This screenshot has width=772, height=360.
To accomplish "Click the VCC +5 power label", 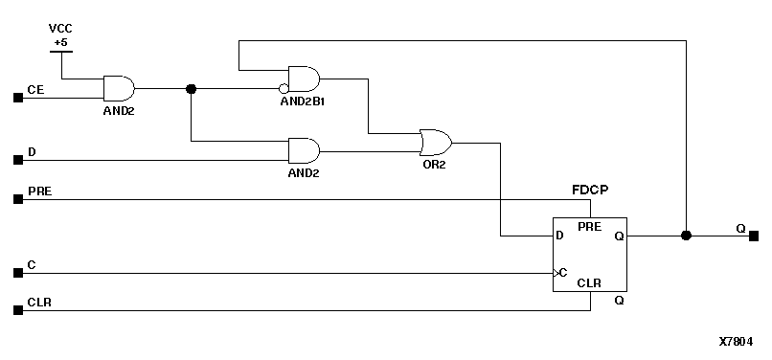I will point(60,35).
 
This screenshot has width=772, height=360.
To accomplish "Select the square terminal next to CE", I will point(16,97).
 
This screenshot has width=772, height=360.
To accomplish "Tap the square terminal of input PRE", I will point(16,199).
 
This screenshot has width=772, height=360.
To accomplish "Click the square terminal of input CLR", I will point(16,310).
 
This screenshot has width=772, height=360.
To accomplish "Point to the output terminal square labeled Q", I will point(754,236).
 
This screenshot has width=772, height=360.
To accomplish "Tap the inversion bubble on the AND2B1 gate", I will point(284,89).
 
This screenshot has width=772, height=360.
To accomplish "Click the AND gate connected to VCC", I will point(119,88).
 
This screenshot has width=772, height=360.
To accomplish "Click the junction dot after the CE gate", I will point(191,89).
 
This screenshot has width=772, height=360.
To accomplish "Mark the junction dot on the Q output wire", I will point(686,236).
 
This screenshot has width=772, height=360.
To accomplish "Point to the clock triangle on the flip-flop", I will point(556,273).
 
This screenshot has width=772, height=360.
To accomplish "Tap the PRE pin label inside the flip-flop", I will point(589,226).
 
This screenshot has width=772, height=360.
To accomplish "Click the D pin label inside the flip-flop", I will point(560,236).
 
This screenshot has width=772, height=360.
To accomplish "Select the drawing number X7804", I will point(736,341).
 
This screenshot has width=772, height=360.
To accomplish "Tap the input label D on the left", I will point(32,151).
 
